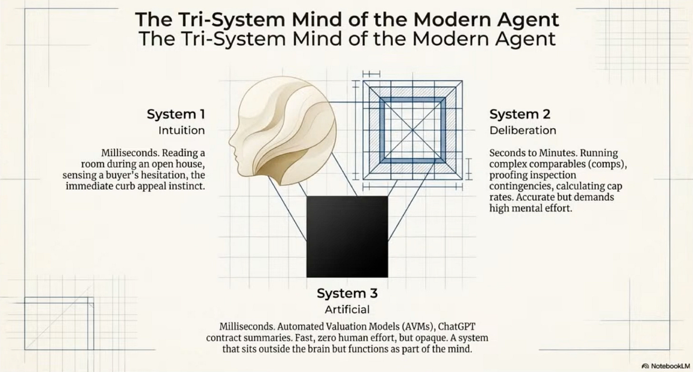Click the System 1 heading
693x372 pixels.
click(x=176, y=115)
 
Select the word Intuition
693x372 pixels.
click(x=181, y=130)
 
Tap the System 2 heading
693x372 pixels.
click(x=520, y=115)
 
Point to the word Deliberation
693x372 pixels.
click(x=523, y=130)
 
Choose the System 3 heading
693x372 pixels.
click(x=347, y=293)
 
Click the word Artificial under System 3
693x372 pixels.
click(x=347, y=309)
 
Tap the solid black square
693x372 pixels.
click(x=347, y=236)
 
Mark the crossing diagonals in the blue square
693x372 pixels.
click(x=413, y=129)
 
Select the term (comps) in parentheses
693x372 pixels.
click(x=595, y=164)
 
